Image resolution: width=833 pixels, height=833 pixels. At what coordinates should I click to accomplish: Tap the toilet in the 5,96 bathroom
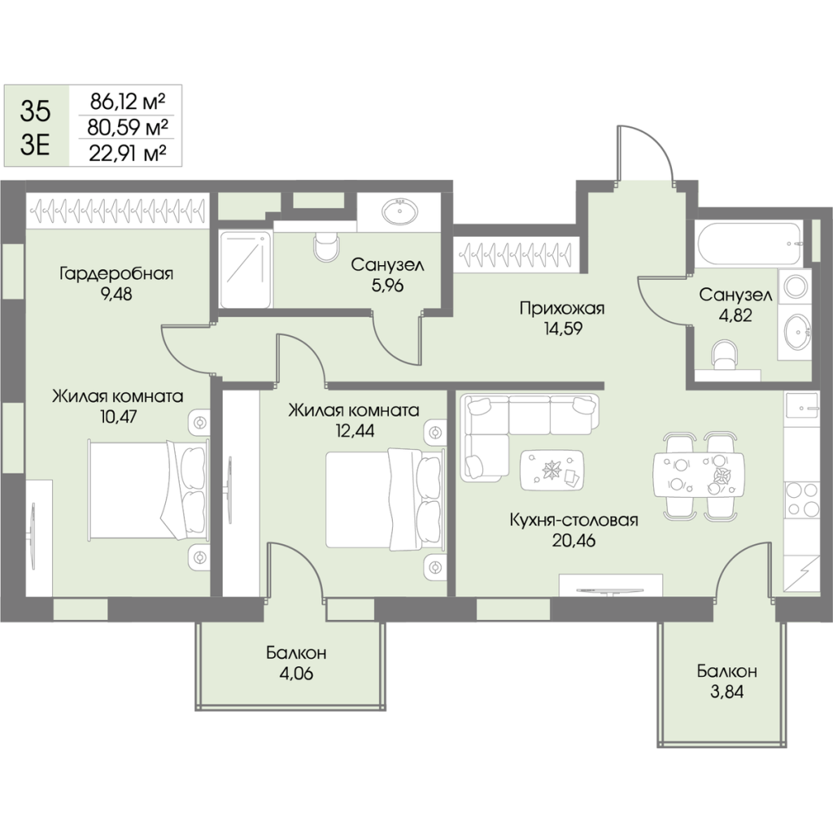[x=325, y=246]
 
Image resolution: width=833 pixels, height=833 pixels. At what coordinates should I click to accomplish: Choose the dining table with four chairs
[x=698, y=475]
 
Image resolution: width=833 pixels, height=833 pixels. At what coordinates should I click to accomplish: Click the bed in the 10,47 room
[x=146, y=488]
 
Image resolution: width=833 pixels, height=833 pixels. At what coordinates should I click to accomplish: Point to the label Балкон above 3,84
[x=726, y=672]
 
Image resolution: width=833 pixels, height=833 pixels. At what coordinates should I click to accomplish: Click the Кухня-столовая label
[x=571, y=521]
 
